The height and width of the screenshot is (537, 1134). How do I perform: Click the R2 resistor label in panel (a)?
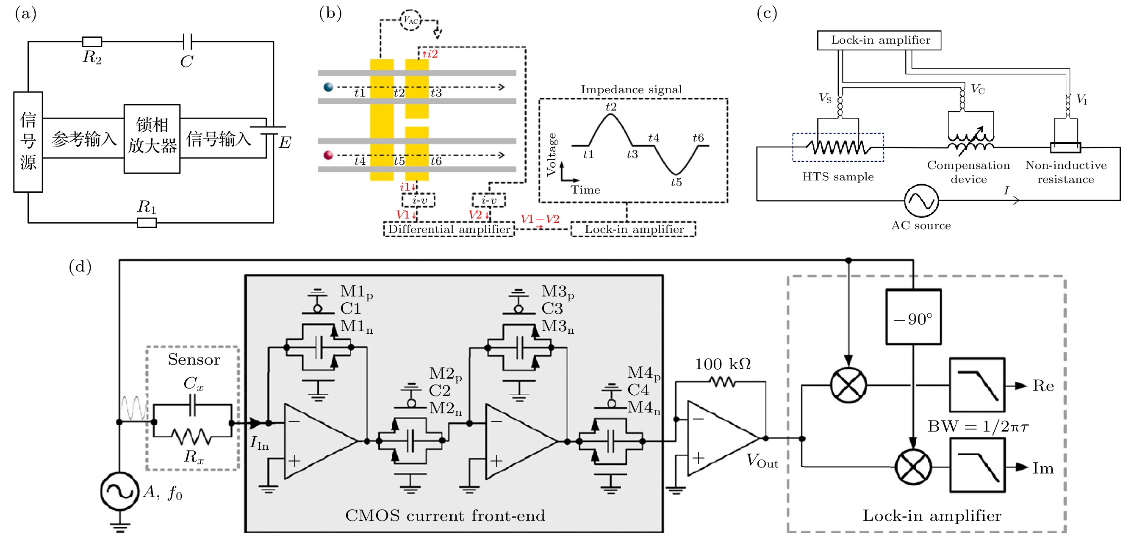pos(92,57)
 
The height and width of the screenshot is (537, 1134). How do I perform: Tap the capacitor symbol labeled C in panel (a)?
pos(187,42)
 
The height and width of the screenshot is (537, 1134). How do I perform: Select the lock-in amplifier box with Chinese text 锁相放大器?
pos(152,138)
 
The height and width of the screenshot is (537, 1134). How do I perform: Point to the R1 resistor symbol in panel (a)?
pos(147,223)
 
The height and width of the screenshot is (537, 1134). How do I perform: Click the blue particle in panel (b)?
pos(328,87)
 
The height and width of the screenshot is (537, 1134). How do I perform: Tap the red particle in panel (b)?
pos(328,155)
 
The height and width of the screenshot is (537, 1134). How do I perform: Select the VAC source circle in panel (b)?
pos(410,20)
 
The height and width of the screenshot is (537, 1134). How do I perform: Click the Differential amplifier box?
pos(449,229)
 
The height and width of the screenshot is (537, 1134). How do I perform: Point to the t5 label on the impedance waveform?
pos(676,182)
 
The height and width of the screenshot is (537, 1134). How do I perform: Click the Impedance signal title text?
pos(631,90)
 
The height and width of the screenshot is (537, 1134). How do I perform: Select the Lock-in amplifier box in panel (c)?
pos(879,40)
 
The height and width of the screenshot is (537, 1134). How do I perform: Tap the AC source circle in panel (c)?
pos(921,201)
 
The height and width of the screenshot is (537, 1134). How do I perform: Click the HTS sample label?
pos(838,177)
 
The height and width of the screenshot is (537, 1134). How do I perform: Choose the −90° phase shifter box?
pos(913,317)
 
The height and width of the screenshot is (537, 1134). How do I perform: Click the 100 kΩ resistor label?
pos(722,364)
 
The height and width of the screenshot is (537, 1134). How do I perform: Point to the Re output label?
pos(1043,386)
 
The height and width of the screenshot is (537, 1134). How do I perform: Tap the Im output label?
pos(1043,468)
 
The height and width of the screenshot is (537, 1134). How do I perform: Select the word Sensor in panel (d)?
pos(194,360)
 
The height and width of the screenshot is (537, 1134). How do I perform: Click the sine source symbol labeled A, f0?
pos(119,491)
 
